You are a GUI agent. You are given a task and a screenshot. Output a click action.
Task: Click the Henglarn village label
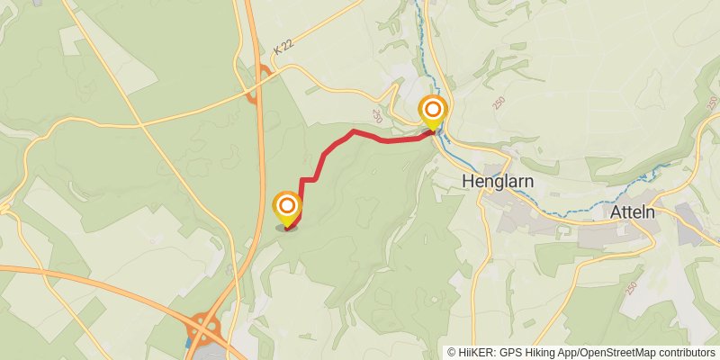pos(498,181)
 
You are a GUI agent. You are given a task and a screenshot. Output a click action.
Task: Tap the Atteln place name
pos(632,211)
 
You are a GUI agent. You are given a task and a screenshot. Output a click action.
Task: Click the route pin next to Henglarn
pos(433,111)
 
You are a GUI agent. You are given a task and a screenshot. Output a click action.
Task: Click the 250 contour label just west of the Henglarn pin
pos(376,116)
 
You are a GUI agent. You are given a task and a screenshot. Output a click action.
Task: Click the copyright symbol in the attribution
pos(452,352)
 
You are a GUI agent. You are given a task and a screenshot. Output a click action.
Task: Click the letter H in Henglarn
pos(467,181)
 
